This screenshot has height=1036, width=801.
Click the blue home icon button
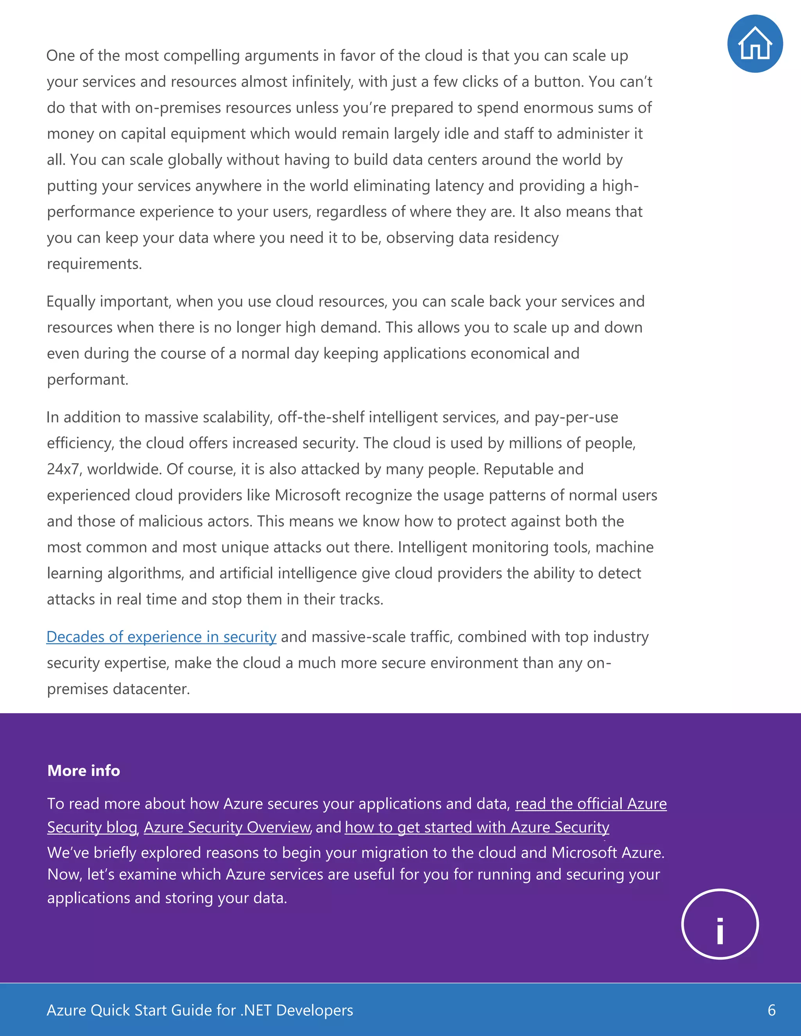[x=754, y=44]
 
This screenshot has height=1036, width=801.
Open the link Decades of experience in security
[x=162, y=637]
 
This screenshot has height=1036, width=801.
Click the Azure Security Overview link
[x=227, y=827]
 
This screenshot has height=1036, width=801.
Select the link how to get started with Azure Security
[x=476, y=827]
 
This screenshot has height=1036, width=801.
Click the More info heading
[x=84, y=771]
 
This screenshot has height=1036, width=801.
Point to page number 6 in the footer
[x=771, y=1010]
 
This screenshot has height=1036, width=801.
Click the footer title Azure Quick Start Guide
[x=199, y=1010]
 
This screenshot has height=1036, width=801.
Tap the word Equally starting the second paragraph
[x=71, y=302]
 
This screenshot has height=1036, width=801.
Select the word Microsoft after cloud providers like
[x=307, y=495]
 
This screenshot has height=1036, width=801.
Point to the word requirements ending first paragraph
[x=93, y=264]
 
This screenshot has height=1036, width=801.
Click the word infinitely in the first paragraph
[x=322, y=82]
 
